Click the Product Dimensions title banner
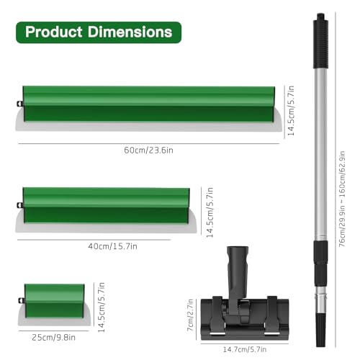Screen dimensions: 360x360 point(99,32)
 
